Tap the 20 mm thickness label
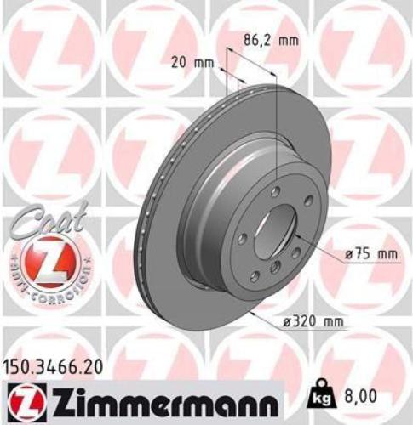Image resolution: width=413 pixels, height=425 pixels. pyautogui.click(x=192, y=64)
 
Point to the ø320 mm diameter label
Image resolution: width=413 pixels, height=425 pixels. pyautogui.click(x=318, y=320)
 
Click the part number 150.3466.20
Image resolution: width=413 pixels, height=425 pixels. pyautogui.click(x=56, y=368)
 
